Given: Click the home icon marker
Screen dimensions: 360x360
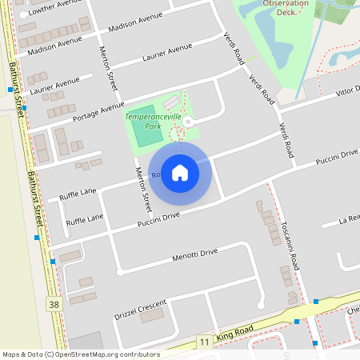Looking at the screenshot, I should (180, 173).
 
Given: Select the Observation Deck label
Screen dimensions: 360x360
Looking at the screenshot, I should (285, 8).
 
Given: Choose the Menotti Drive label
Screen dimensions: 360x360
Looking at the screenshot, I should (194, 255).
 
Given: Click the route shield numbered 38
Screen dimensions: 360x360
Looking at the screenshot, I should (54, 304).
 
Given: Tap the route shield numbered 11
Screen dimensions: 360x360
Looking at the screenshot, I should (204, 342).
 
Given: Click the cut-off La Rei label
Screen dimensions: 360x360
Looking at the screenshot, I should (349, 219).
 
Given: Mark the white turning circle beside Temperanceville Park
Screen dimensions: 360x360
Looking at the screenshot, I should (188, 122).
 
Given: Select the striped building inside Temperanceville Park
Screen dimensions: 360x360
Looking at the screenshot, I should (170, 104).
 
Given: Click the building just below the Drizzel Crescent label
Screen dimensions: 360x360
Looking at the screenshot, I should (151, 316).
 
